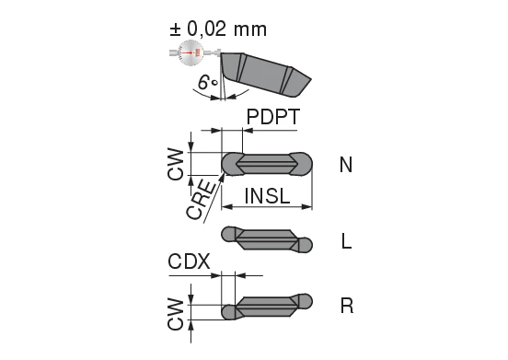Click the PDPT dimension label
(x=272, y=116)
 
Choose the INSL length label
(x=270, y=195)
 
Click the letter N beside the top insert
(x=345, y=165)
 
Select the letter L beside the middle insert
(x=345, y=241)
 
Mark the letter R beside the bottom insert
(x=346, y=305)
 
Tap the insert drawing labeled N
(x=268, y=164)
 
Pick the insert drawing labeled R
(x=268, y=306)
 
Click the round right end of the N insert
(x=304, y=163)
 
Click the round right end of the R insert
(x=305, y=300)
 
